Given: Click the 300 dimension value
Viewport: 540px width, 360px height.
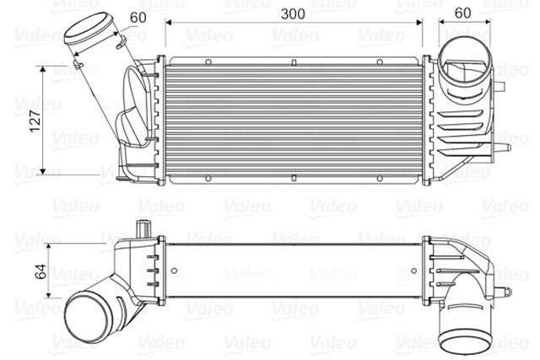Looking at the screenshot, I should (292, 14).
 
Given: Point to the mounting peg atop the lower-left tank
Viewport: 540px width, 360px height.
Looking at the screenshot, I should (143, 228).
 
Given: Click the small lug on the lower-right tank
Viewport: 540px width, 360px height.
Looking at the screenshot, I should (503, 292).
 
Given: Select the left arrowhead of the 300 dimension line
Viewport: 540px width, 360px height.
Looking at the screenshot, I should (168, 23).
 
